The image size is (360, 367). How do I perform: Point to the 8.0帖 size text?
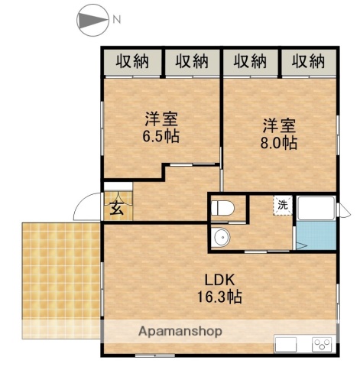point(279,142)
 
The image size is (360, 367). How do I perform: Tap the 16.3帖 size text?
point(222,297)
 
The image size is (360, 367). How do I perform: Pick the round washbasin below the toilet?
point(222,238)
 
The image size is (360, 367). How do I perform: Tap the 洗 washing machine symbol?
point(282,204)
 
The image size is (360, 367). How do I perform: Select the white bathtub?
point(316,208)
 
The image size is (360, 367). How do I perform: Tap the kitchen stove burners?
point(322,344)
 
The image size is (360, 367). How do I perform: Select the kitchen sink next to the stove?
point(289,344)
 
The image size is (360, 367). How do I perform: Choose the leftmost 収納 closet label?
point(132,60)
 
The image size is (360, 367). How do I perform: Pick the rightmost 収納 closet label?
point(308,60)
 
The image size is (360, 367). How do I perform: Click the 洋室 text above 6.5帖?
point(161,119)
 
